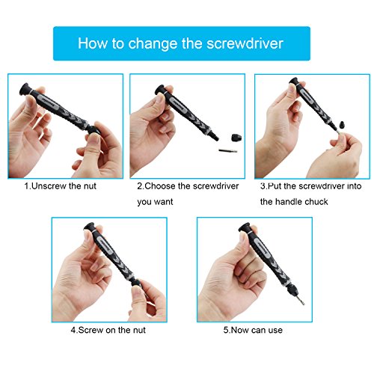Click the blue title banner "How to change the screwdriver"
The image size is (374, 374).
[182, 43]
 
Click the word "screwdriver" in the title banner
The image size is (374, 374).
[245, 43]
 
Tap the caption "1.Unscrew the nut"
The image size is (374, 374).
[60, 186]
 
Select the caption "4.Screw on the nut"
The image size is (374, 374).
[108, 330]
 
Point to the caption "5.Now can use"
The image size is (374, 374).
[253, 330]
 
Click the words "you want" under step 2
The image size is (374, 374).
[155, 202]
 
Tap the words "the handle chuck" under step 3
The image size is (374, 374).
[294, 201]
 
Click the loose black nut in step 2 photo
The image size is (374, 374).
[236, 138]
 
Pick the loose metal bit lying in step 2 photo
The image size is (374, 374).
[228, 150]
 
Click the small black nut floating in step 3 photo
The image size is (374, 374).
[342, 124]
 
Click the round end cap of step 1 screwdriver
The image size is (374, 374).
[25, 89]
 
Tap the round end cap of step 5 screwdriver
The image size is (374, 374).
[245, 227]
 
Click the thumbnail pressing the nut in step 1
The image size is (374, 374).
[94, 138]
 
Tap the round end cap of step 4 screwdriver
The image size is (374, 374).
[89, 227]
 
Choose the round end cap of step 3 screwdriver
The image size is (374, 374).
[294, 82]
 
